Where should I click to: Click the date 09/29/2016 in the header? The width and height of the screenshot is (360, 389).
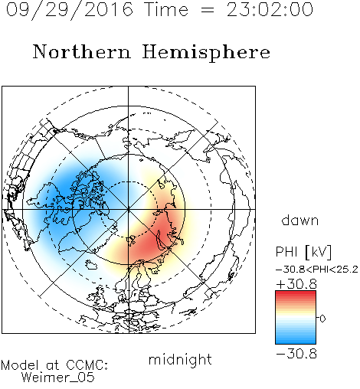[x=70, y=10]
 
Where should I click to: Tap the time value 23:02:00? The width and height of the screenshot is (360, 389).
[x=270, y=9]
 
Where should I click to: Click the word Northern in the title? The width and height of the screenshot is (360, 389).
[x=82, y=51]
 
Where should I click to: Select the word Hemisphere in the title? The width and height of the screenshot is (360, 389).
[x=206, y=53]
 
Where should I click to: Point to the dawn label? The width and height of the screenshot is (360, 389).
[x=300, y=220]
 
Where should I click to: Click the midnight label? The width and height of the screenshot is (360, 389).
[x=180, y=359]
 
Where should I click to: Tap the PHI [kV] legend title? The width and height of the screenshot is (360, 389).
[x=303, y=252]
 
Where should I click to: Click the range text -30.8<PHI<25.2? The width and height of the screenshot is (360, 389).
[x=317, y=270]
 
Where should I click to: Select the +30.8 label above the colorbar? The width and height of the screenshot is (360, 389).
[x=296, y=284]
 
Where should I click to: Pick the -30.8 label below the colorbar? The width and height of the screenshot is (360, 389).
[x=296, y=354]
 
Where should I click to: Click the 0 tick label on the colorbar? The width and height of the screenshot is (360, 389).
[x=322, y=319]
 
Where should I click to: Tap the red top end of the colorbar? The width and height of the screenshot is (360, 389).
[x=296, y=293]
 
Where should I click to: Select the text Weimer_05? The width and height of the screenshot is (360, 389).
[x=58, y=378]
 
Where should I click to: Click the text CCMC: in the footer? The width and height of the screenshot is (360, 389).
[x=87, y=365]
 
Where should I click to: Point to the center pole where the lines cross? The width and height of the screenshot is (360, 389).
[x=129, y=210]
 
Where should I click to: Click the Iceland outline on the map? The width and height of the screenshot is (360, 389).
[x=91, y=265]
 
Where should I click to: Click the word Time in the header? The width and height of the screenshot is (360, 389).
[x=166, y=9]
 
